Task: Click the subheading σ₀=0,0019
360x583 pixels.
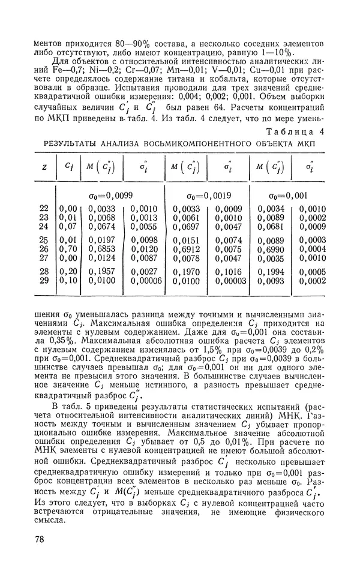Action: (204, 195)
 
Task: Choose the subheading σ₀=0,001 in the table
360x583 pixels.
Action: (289, 195)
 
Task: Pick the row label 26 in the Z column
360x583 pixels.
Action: (44, 249)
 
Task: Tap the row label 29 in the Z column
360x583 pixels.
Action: (44, 281)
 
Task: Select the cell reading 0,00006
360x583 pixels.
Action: (143, 281)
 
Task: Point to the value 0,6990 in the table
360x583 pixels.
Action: (270, 249)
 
